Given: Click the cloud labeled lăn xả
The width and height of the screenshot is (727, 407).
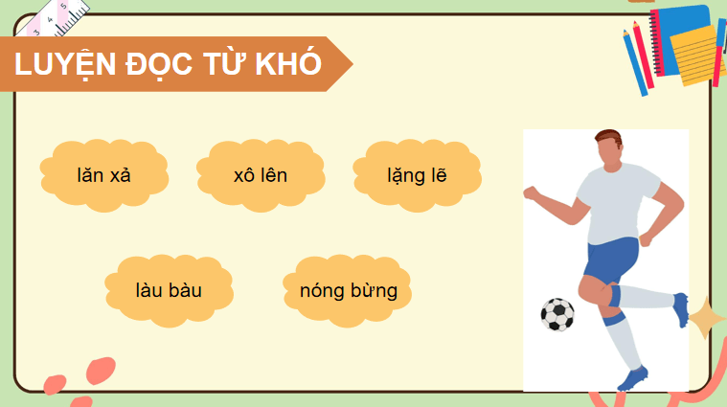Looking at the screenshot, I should tap(109, 175).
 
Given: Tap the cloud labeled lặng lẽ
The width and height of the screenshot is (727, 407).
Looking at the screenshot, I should tap(417, 175).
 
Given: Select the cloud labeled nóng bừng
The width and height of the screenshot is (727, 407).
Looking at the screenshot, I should tap(348, 289).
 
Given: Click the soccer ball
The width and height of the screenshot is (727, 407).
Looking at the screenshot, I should tap(557, 313).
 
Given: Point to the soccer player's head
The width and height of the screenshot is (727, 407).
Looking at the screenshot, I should tap(607, 149).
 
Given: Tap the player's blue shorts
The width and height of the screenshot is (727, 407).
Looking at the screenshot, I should tap(610, 261).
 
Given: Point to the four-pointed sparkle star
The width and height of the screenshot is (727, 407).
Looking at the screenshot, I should tap(708, 317).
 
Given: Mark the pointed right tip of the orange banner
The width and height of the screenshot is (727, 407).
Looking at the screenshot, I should tap(351, 64).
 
